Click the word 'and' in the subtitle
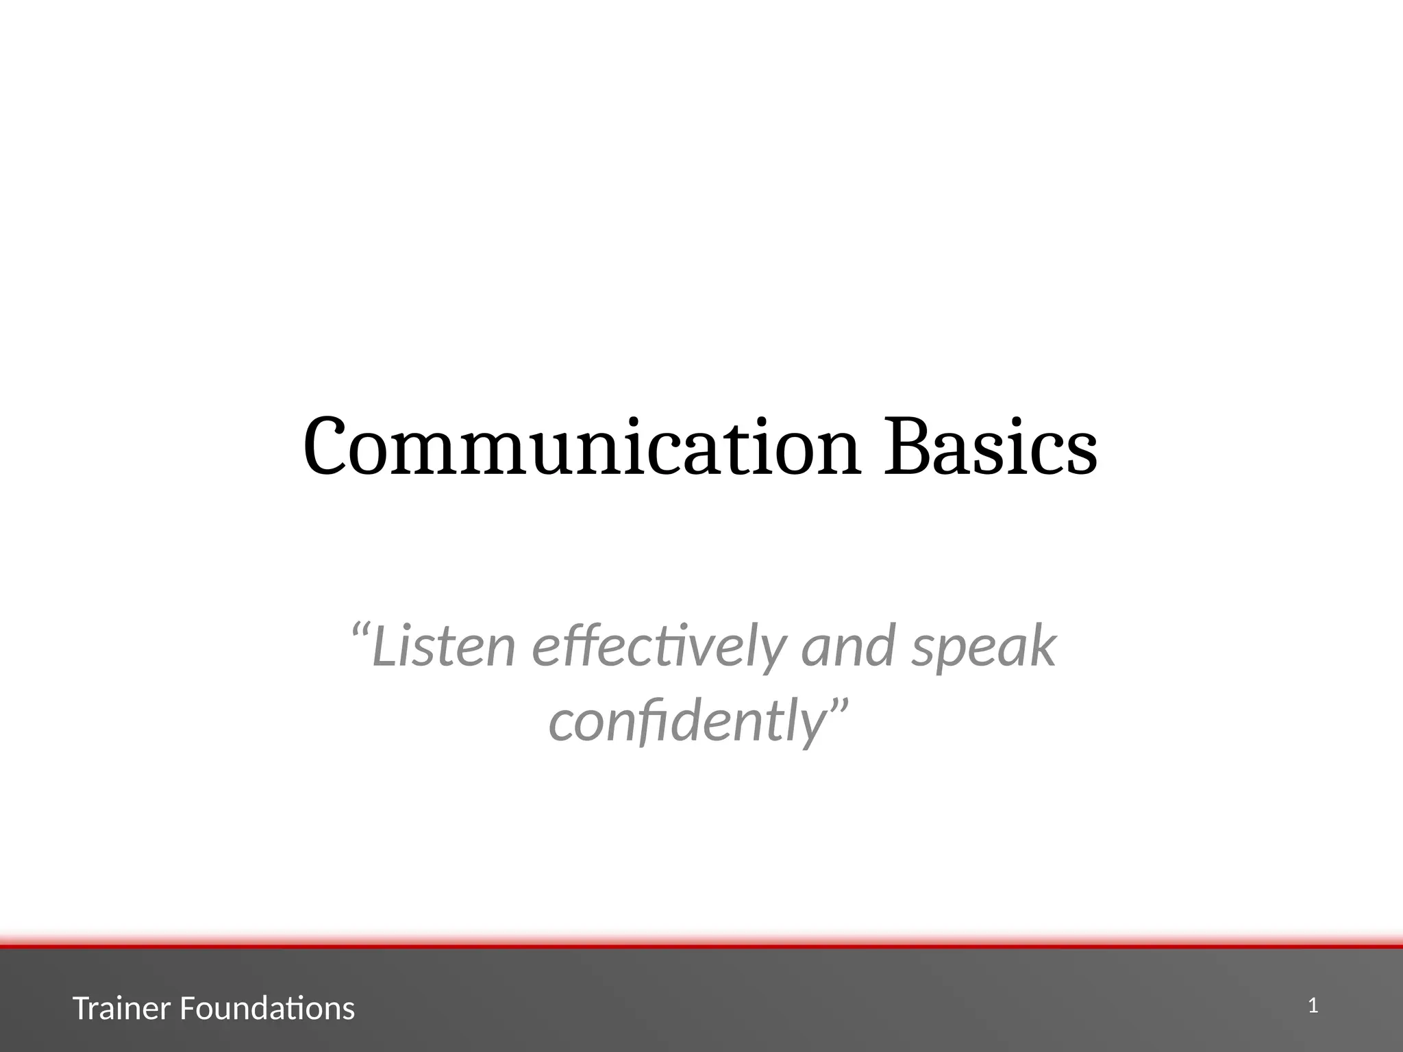tap(848, 646)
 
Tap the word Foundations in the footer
tap(267, 1009)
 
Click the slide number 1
tap(1313, 1006)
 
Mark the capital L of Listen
tap(385, 646)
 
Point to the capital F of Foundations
tap(187, 1009)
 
